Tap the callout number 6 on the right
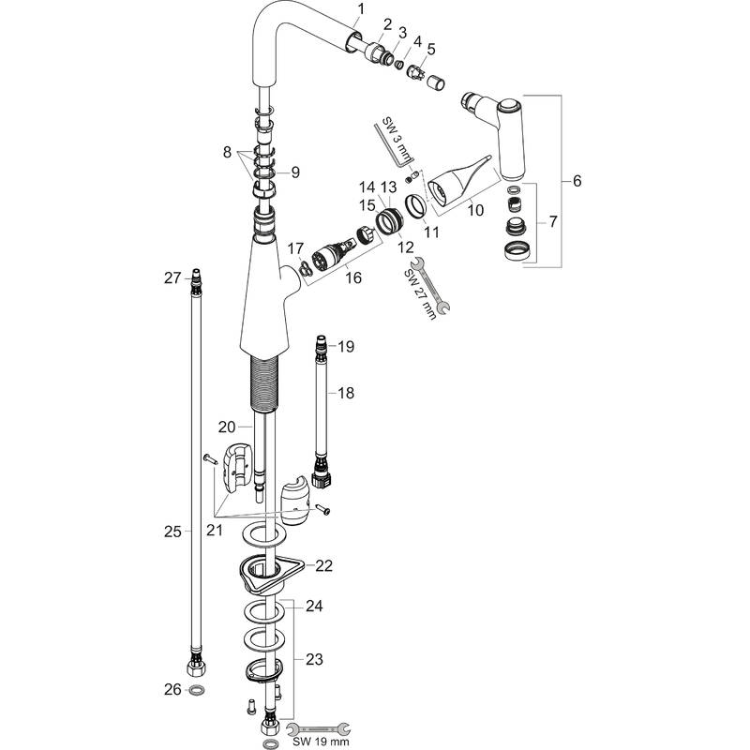pyautogui.click(x=577, y=181)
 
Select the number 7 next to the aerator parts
pyautogui.click(x=552, y=223)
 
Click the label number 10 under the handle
pyautogui.click(x=475, y=211)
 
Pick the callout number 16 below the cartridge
pyautogui.click(x=352, y=278)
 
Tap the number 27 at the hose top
pyautogui.click(x=172, y=277)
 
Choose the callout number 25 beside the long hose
pyautogui.click(x=172, y=532)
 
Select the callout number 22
pyautogui.click(x=323, y=565)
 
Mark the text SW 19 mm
pyautogui.click(x=320, y=741)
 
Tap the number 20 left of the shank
pyautogui.click(x=227, y=427)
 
